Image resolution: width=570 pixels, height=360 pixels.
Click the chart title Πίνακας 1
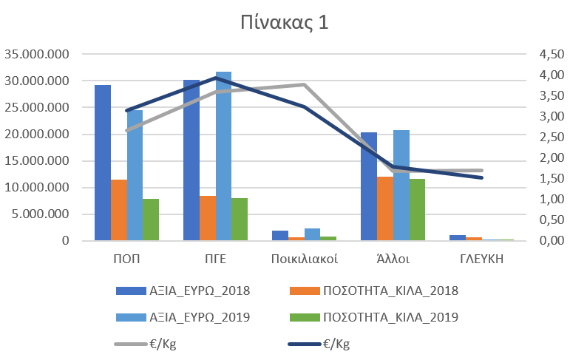(x=283, y=23)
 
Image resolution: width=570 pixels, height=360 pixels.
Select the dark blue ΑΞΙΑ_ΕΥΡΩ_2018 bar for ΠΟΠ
(x=103, y=163)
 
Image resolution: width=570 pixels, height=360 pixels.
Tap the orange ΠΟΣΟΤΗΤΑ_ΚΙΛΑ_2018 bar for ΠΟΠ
(x=118, y=210)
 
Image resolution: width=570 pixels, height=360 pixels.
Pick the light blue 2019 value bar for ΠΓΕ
(x=223, y=156)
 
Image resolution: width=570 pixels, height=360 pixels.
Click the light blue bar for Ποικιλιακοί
(x=312, y=234)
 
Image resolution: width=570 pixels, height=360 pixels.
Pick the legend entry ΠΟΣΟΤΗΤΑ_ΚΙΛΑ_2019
(x=391, y=318)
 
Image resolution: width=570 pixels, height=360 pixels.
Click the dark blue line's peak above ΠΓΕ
(x=215, y=78)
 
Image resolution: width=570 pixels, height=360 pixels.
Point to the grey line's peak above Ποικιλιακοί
(x=304, y=84)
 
